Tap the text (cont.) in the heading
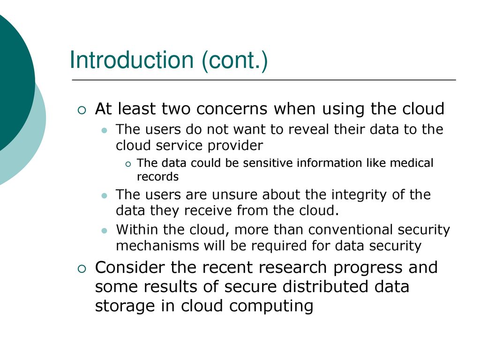tap(235, 60)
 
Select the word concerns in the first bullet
tap(232, 109)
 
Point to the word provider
tap(235, 146)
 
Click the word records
tap(157, 177)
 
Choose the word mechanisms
tap(157, 246)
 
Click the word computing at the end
tap(271, 306)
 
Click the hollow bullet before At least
tap(82, 110)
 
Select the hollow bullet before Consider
tap(82, 269)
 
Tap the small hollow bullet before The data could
tap(128, 165)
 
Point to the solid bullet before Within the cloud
tap(105, 231)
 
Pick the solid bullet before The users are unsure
tap(105, 195)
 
